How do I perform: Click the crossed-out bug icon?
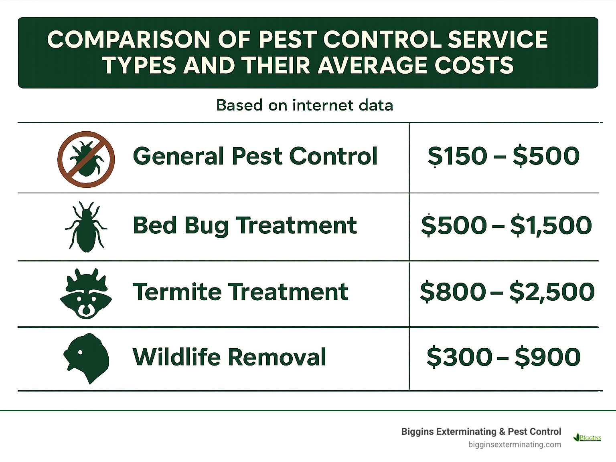point(86,159)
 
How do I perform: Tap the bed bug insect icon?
point(86,227)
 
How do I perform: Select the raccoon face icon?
point(86,293)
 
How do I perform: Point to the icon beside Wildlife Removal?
point(86,357)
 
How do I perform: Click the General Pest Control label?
point(255,156)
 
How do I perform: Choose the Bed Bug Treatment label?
point(245,225)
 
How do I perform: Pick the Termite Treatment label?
point(240,292)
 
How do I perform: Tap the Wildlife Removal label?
point(229,357)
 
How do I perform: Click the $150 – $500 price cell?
point(503,156)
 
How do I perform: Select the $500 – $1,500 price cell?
point(506,225)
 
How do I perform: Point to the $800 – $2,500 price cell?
point(507,292)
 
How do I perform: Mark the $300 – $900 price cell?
point(503,357)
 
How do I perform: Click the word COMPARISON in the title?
point(129,40)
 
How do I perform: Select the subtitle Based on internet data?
point(304,105)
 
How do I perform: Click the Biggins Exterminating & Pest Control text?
point(481,432)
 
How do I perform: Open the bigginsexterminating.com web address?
point(515,444)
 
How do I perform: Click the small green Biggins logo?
point(588,437)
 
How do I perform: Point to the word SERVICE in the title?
point(497,40)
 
